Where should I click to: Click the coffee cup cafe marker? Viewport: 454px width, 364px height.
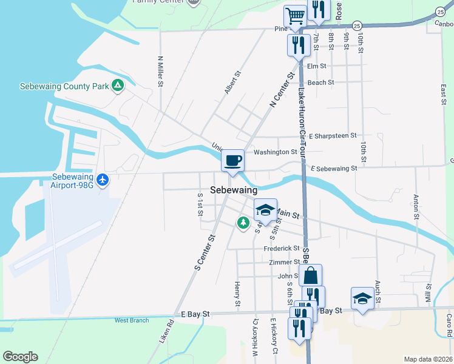[x=232, y=161]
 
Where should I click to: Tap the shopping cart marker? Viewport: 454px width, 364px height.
[x=295, y=16]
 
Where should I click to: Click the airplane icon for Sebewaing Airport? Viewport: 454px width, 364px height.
[x=103, y=180]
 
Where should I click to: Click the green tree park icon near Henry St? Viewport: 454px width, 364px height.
[x=243, y=223]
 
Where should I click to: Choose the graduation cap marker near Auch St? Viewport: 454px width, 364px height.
[x=362, y=298]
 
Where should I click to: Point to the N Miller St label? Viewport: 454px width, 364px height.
[x=160, y=72]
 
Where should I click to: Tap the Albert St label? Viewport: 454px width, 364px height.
[x=232, y=82]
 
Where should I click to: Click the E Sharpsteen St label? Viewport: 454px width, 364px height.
[x=333, y=136]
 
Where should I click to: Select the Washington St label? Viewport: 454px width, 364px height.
[x=276, y=152]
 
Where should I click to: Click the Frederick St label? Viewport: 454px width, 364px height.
[x=282, y=248]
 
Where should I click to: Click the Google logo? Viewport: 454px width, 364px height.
[x=20, y=357]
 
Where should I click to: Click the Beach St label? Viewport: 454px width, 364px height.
[x=321, y=83]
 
